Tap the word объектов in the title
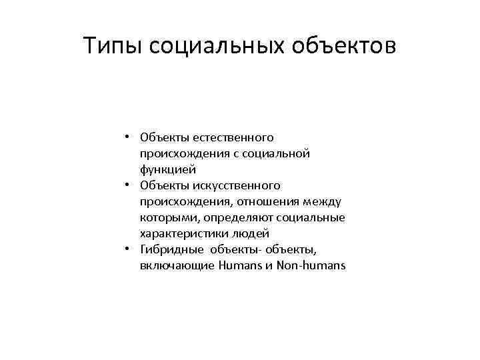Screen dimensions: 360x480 [x=347, y=47]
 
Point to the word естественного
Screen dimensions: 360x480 [x=233, y=138]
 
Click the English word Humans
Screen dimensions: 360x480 [x=239, y=266]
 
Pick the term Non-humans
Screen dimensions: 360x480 [x=313, y=266]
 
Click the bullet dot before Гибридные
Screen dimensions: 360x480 [x=126, y=250]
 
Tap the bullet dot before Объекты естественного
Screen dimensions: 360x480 [x=126, y=138]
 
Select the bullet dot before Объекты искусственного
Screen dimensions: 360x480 [x=126, y=186]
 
